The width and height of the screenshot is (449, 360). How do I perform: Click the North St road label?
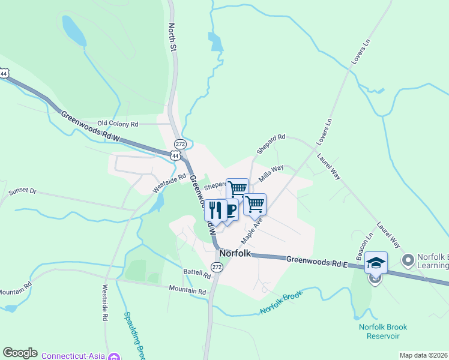click(x=173, y=36)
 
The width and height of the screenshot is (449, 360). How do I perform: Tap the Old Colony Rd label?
click(x=118, y=124)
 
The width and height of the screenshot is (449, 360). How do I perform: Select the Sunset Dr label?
click(x=23, y=192)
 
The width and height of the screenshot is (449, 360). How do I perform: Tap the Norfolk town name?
click(x=235, y=253)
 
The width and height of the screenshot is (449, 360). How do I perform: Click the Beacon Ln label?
click(x=362, y=247)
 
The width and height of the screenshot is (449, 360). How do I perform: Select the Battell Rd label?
click(x=197, y=275)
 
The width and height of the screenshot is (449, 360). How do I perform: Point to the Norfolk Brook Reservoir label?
click(x=383, y=331)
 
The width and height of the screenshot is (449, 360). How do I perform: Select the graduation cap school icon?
click(x=376, y=263)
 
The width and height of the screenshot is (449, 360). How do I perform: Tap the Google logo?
click(x=20, y=353)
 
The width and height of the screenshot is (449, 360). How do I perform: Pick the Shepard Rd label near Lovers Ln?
click(x=271, y=144)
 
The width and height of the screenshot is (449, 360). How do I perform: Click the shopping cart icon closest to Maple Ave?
click(x=255, y=205)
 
